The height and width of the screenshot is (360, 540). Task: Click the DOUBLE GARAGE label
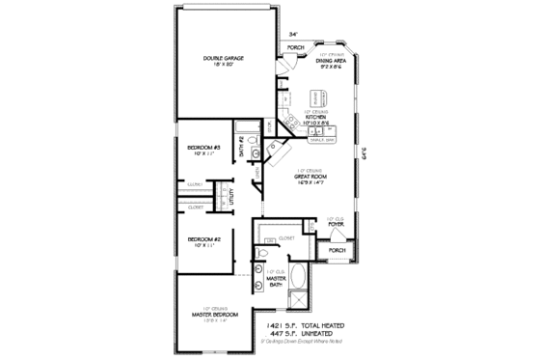[223, 59]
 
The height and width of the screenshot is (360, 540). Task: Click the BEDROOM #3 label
[204, 148]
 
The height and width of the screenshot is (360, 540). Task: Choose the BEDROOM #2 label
[204, 238]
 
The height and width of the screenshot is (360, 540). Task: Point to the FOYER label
[337, 225]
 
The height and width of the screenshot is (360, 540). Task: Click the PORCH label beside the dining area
[295, 47]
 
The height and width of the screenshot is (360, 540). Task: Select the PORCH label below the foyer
[337, 250]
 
